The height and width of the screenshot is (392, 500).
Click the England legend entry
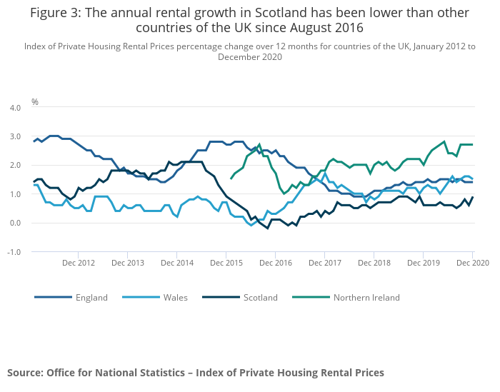[91, 298]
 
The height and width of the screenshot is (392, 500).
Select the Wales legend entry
[174, 298]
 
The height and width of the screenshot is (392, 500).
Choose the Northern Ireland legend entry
[366, 298]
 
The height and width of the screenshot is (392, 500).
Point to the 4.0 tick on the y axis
[15, 108]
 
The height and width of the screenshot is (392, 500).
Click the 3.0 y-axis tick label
[15, 136]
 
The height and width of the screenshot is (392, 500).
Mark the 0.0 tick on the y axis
[15, 223]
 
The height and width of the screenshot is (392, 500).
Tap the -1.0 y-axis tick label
[14, 252]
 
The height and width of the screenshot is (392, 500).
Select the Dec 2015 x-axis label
[226, 263]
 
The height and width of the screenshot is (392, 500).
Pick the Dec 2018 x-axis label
[374, 263]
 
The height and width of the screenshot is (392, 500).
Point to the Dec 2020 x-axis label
[472, 263]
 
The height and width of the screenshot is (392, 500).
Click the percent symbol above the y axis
[34, 102]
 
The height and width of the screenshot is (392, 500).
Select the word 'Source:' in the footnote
[26, 373]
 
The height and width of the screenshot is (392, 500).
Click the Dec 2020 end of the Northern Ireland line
[472, 145]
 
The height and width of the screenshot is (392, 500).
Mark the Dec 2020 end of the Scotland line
[472, 197]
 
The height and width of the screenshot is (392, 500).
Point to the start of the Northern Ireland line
[231, 179]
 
